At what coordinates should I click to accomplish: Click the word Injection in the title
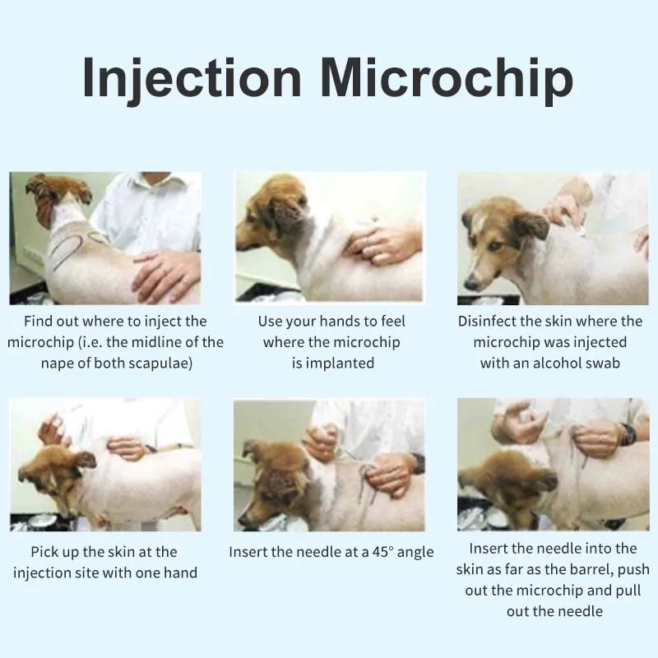[x=192, y=80]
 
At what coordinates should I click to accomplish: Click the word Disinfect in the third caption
[x=490, y=321]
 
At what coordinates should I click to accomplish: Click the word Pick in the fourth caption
[x=45, y=551]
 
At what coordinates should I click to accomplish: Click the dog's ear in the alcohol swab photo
[x=531, y=225]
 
